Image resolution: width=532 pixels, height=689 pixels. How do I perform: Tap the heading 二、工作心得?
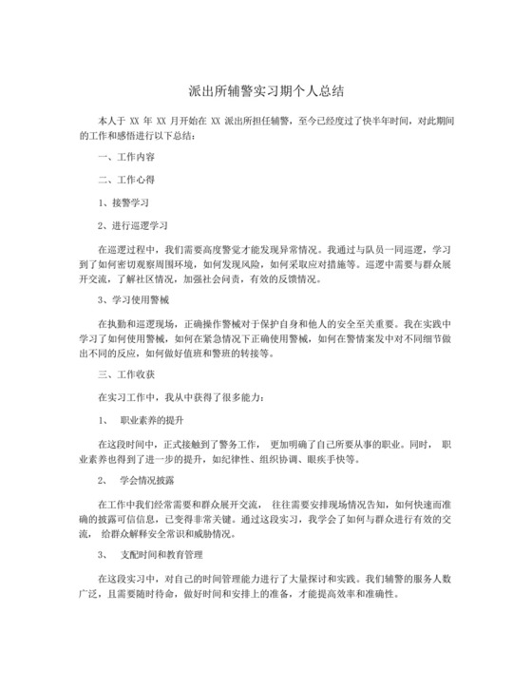pos(129,179)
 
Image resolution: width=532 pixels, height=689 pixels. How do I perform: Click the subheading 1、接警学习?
pos(124,202)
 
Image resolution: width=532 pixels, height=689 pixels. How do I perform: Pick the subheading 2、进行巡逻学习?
pos(134,225)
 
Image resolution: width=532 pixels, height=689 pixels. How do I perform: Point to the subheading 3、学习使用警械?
pos(134,300)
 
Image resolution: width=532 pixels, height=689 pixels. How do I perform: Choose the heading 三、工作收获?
pos(129,375)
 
